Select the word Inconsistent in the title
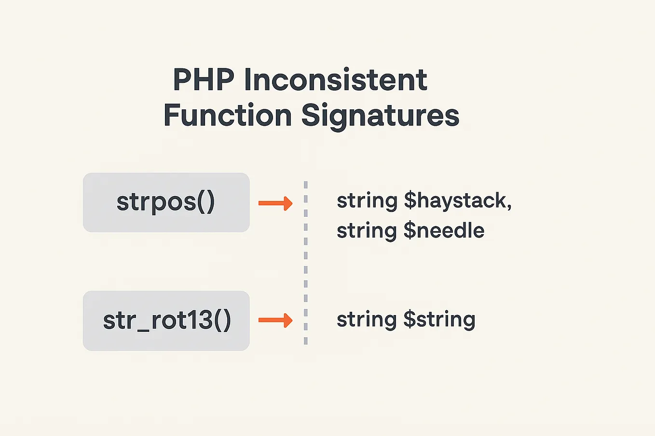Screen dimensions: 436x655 [x=336, y=80]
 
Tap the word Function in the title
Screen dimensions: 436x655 [x=228, y=116]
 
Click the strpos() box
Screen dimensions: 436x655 [x=166, y=202]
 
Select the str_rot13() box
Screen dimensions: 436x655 [x=166, y=320]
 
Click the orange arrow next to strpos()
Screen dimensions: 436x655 [x=275, y=203]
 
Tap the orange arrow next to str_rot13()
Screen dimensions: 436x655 [x=275, y=320]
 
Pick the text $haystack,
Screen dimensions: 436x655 [x=457, y=201]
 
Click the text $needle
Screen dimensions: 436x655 [x=444, y=231]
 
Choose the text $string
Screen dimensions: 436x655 [x=439, y=320]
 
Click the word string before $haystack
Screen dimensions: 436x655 [x=367, y=201]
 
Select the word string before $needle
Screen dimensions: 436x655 [x=367, y=231]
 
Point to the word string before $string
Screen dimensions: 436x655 [x=367, y=320]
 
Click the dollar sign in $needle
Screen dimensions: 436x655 [x=409, y=231]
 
